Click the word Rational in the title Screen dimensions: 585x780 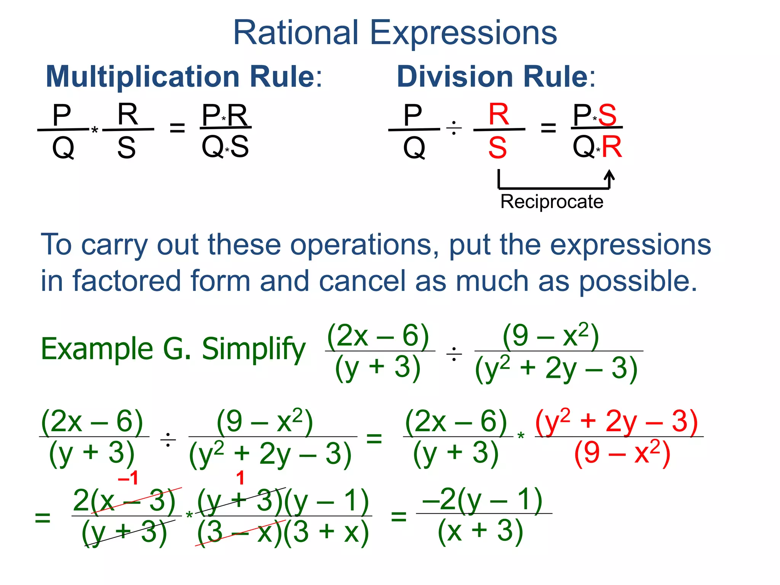(296, 33)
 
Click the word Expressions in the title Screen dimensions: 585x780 (463, 34)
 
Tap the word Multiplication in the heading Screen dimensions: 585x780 (142, 77)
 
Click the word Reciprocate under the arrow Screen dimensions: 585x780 (551, 201)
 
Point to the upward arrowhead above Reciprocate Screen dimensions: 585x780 (609, 175)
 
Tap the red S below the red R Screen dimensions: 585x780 (497, 148)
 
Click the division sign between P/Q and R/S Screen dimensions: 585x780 (454, 129)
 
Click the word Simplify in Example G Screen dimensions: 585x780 (253, 349)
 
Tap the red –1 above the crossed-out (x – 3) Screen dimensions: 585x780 (128, 478)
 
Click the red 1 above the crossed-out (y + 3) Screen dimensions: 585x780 (240, 478)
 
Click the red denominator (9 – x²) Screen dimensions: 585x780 (622, 453)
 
